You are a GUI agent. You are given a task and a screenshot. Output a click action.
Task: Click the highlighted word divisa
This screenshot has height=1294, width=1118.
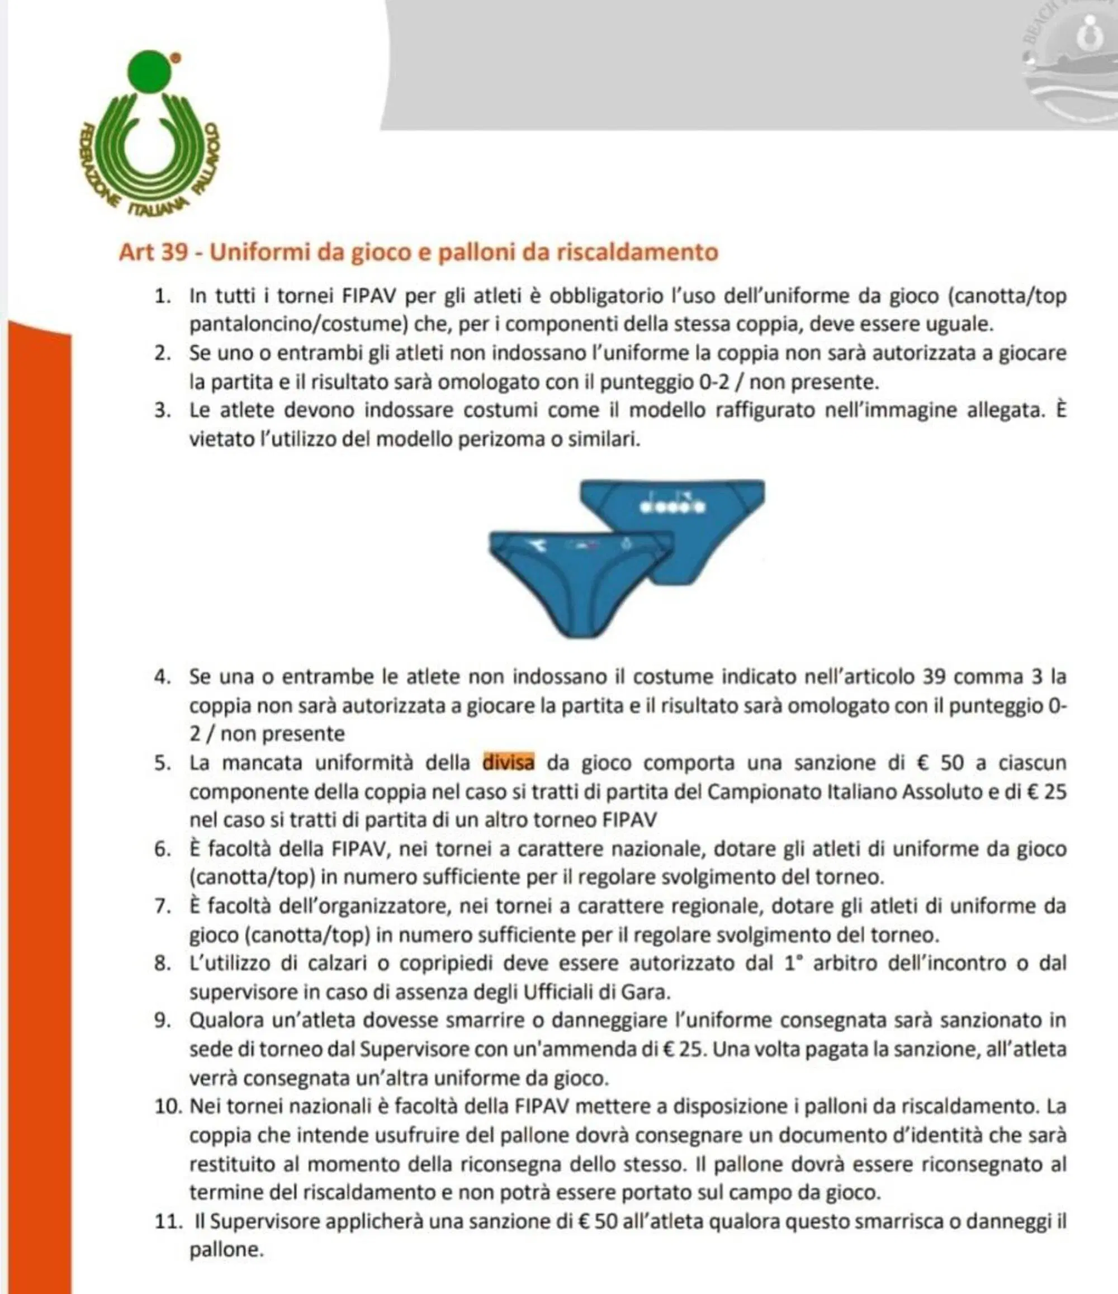[508, 762]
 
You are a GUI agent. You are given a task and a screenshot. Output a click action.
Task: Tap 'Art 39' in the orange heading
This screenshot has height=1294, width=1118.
[153, 252]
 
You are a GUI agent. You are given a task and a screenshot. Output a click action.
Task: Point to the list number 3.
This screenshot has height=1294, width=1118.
[163, 411]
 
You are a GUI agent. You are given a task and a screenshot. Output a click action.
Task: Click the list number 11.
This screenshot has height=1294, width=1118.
[167, 1221]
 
